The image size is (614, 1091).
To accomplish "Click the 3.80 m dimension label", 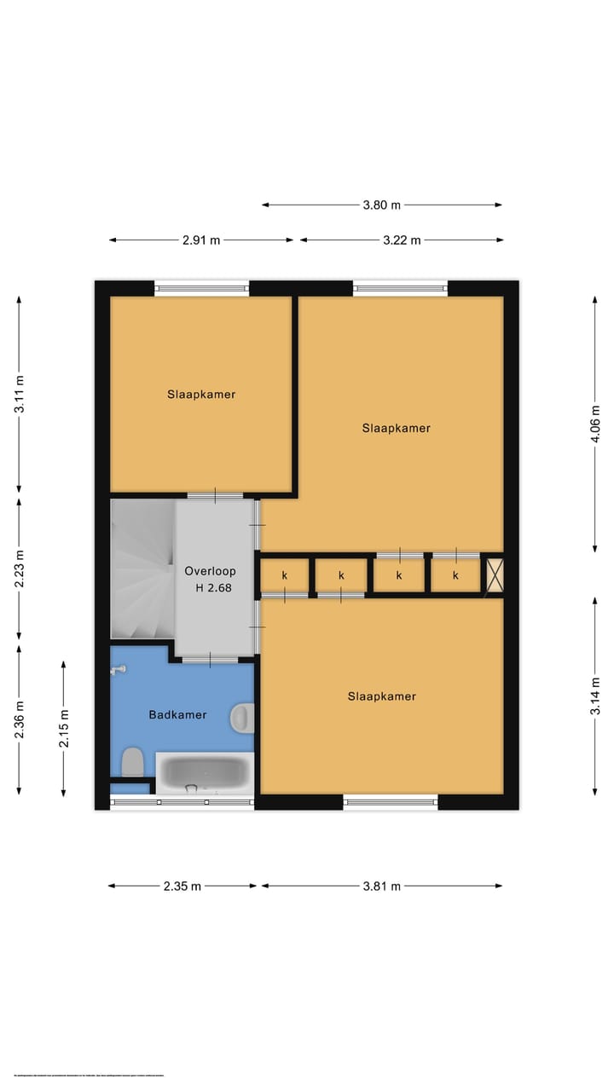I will [381, 205].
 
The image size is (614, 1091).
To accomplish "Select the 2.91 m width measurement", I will [201, 240].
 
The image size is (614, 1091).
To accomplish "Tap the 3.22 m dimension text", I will [402, 240].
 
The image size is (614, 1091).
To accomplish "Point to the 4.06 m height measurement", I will [596, 423].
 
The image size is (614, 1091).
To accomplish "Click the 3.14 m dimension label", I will [596, 695].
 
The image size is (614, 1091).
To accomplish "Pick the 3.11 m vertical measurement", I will [20, 394].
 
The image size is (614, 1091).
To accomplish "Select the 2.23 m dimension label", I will [20, 569].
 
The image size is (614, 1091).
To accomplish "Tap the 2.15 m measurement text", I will [64, 729].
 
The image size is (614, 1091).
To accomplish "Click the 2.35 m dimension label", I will [182, 886].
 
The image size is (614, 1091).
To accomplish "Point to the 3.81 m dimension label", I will [381, 886].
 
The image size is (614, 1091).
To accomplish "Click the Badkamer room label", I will [177, 715].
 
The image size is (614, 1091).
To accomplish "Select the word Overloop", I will [210, 571].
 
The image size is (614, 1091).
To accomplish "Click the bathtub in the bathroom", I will [205, 773].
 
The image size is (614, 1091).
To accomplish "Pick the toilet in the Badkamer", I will [132, 761].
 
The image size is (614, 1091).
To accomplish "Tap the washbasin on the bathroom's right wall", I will [242, 718].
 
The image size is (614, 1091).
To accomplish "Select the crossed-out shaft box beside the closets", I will [495, 574].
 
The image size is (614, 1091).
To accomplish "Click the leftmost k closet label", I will [285, 575].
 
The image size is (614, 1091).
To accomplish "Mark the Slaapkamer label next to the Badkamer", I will [381, 696].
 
